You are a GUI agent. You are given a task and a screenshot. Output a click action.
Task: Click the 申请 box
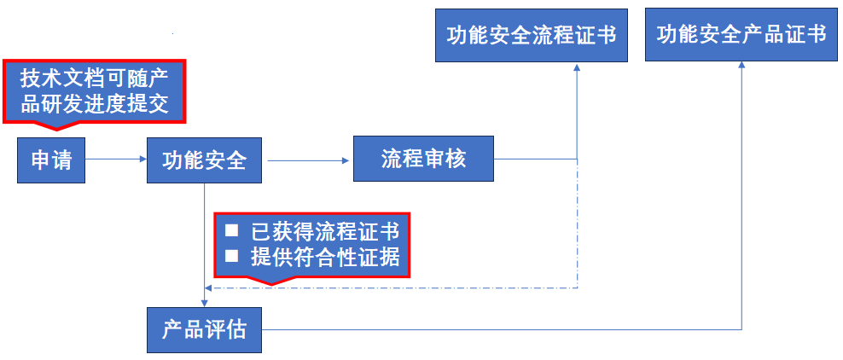click(x=51, y=160)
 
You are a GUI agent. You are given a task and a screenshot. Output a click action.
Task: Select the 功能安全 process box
click(x=204, y=160)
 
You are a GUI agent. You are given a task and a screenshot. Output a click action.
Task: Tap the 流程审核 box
click(x=423, y=159)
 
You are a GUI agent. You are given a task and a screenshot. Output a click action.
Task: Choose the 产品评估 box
click(x=204, y=329)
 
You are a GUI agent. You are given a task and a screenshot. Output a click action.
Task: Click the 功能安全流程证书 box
click(x=532, y=35)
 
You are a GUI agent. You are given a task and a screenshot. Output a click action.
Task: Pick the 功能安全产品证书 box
click(x=741, y=35)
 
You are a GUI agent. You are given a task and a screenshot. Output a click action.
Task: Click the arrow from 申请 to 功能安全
click(x=116, y=159)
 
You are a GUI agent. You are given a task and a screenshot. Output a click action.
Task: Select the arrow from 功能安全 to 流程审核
click(x=307, y=159)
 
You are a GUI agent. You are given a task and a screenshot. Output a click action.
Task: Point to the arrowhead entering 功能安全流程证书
click(x=578, y=67)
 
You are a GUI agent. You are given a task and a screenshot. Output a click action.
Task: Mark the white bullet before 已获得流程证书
click(x=231, y=230)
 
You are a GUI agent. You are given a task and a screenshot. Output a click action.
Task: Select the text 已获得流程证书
click(x=324, y=231)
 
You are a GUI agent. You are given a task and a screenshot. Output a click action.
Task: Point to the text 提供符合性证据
click(x=324, y=256)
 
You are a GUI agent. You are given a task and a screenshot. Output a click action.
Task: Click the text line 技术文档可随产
click(x=94, y=80)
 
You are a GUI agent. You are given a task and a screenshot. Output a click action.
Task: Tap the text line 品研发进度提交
click(x=94, y=105)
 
